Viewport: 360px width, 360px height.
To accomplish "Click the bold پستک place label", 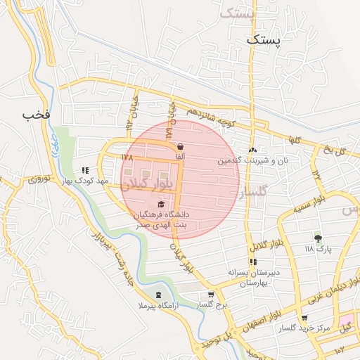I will pos(263,41).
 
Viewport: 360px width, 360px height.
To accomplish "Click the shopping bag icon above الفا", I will pos(181,146).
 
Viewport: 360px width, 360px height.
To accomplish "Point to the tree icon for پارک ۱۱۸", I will pos(318,238).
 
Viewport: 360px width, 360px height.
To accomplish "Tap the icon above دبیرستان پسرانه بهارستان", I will pos(252,262).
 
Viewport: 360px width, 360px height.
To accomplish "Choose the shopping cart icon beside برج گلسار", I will pos(210,295).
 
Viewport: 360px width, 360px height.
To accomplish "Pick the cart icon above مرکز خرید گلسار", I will pos(304,319).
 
